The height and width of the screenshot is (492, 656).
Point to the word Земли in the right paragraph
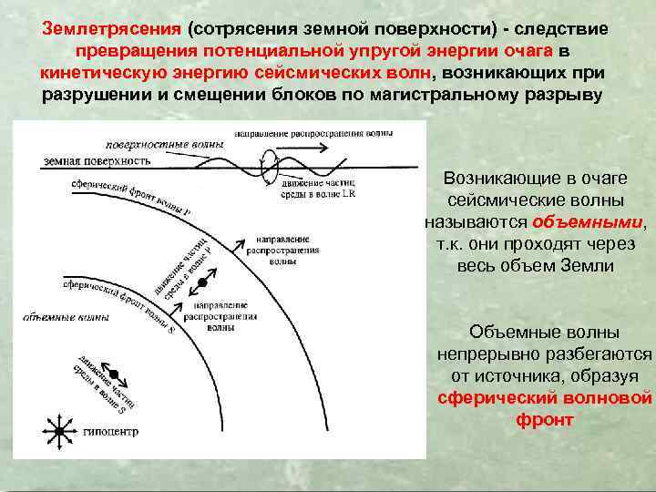coord(589,265)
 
